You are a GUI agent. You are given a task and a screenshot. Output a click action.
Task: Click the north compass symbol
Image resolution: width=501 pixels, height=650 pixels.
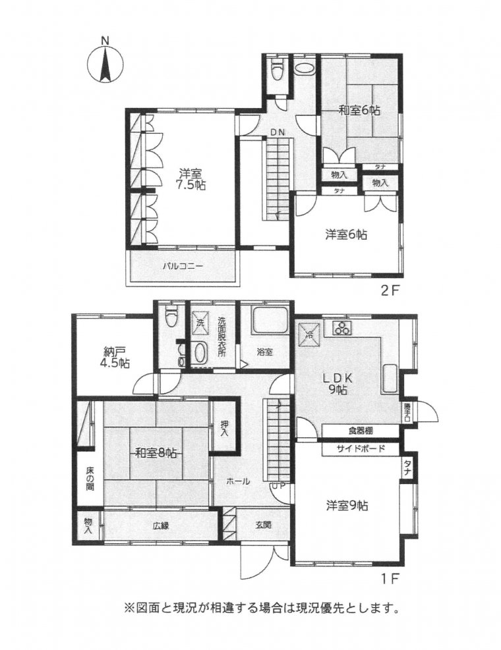pyautogui.click(x=105, y=63)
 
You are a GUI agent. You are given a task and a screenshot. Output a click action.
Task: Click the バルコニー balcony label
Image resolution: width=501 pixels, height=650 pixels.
pyautogui.click(x=183, y=267)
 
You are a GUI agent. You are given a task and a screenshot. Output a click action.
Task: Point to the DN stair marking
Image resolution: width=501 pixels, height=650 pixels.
pyautogui.click(x=278, y=132)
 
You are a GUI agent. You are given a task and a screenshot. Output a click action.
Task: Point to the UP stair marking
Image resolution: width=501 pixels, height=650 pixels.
pyautogui.click(x=278, y=485)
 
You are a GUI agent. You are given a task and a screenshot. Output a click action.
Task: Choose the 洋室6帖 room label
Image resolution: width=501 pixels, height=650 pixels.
pyautogui.click(x=346, y=234)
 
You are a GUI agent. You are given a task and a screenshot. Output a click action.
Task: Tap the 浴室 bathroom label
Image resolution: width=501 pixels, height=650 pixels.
pyautogui.click(x=264, y=352)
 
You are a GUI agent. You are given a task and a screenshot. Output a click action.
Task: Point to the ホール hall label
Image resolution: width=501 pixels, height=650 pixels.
pyautogui.click(x=238, y=481)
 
